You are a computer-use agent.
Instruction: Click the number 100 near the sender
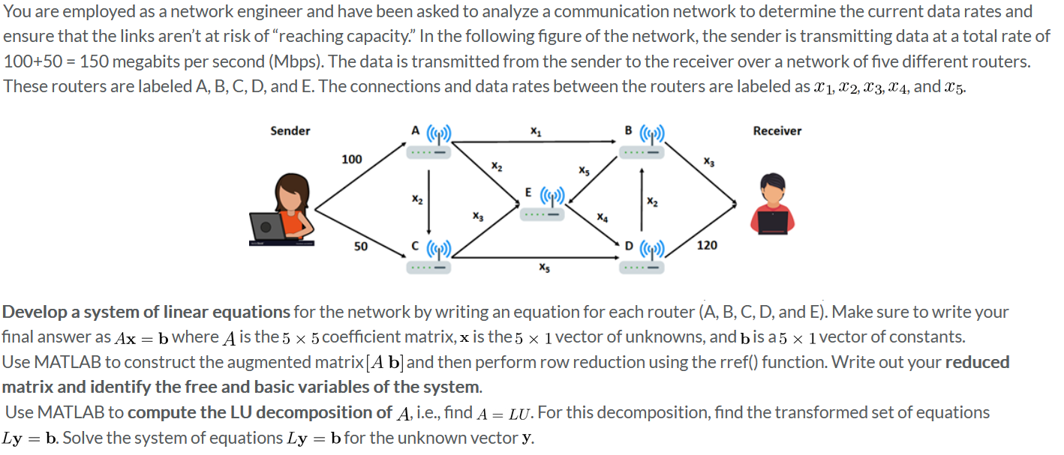(x=351, y=159)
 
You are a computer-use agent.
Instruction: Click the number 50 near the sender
(x=361, y=246)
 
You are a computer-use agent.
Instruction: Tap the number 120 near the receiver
(x=707, y=245)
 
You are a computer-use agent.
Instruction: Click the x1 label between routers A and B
(x=535, y=130)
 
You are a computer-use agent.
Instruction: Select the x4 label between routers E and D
(x=602, y=217)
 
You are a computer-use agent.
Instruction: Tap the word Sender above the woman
(x=290, y=131)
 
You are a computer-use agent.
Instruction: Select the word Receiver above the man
(x=777, y=131)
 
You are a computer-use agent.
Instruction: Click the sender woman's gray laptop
(x=267, y=225)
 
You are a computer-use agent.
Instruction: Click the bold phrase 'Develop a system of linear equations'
(x=146, y=312)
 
